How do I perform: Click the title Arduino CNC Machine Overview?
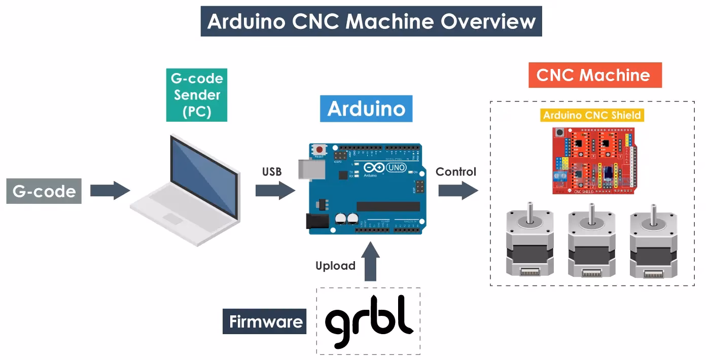[371, 21]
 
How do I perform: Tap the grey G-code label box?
[44, 191]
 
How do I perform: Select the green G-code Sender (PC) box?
[196, 95]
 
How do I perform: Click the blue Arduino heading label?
[366, 109]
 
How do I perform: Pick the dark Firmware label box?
[265, 321]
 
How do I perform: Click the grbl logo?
[369, 321]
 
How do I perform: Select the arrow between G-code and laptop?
[110, 191]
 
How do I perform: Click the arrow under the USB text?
[274, 191]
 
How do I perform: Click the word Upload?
[335, 266]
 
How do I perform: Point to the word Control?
[456, 172]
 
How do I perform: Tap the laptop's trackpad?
[172, 219]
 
